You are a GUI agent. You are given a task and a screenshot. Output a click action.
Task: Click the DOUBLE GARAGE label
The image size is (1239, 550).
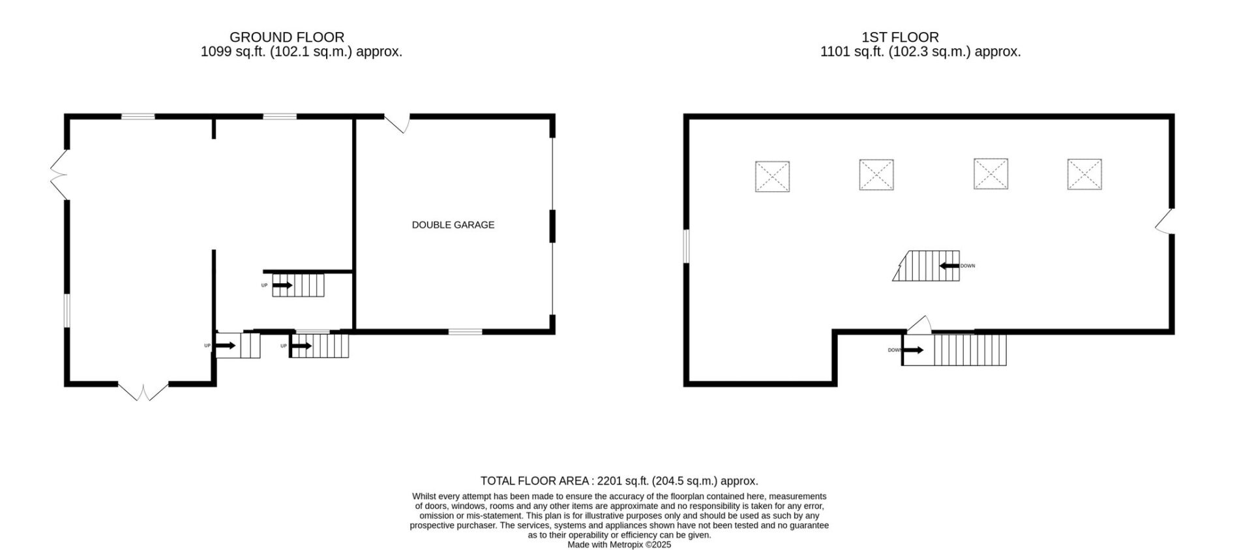pyautogui.click(x=453, y=225)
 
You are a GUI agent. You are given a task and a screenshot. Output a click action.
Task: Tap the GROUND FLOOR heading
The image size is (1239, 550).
pyautogui.click(x=287, y=37)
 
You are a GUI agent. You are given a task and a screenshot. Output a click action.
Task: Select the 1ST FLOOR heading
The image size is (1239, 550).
pyautogui.click(x=900, y=37)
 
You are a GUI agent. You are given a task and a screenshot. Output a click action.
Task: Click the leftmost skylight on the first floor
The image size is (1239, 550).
pyautogui.click(x=772, y=176)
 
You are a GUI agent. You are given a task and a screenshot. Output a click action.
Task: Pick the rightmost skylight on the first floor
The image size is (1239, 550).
pyautogui.click(x=1084, y=174)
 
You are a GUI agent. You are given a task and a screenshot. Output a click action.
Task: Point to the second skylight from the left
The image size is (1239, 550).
pyautogui.click(x=876, y=174)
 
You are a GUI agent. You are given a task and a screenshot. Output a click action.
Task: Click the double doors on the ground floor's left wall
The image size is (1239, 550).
pyautogui.click(x=59, y=175)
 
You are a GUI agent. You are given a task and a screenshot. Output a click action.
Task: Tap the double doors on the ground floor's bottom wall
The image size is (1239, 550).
pyautogui.click(x=143, y=391)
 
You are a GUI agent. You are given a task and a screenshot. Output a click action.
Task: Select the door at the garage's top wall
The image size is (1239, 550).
pyautogui.click(x=397, y=124)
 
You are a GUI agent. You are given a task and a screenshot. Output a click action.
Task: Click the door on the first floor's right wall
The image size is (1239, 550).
pyautogui.click(x=1164, y=221)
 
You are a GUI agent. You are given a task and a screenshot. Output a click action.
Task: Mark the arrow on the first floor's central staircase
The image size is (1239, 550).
pyautogui.click(x=949, y=266)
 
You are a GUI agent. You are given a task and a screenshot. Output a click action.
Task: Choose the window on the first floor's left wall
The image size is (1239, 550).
pyautogui.click(x=686, y=246)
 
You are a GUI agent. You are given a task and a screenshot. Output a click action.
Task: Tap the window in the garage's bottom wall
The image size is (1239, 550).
pyautogui.click(x=465, y=332)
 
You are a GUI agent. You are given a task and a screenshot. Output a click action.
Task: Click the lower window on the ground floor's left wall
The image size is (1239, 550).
pyautogui.click(x=67, y=310)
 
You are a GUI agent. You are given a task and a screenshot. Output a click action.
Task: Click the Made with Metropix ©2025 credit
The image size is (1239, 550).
pyautogui.click(x=619, y=545)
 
